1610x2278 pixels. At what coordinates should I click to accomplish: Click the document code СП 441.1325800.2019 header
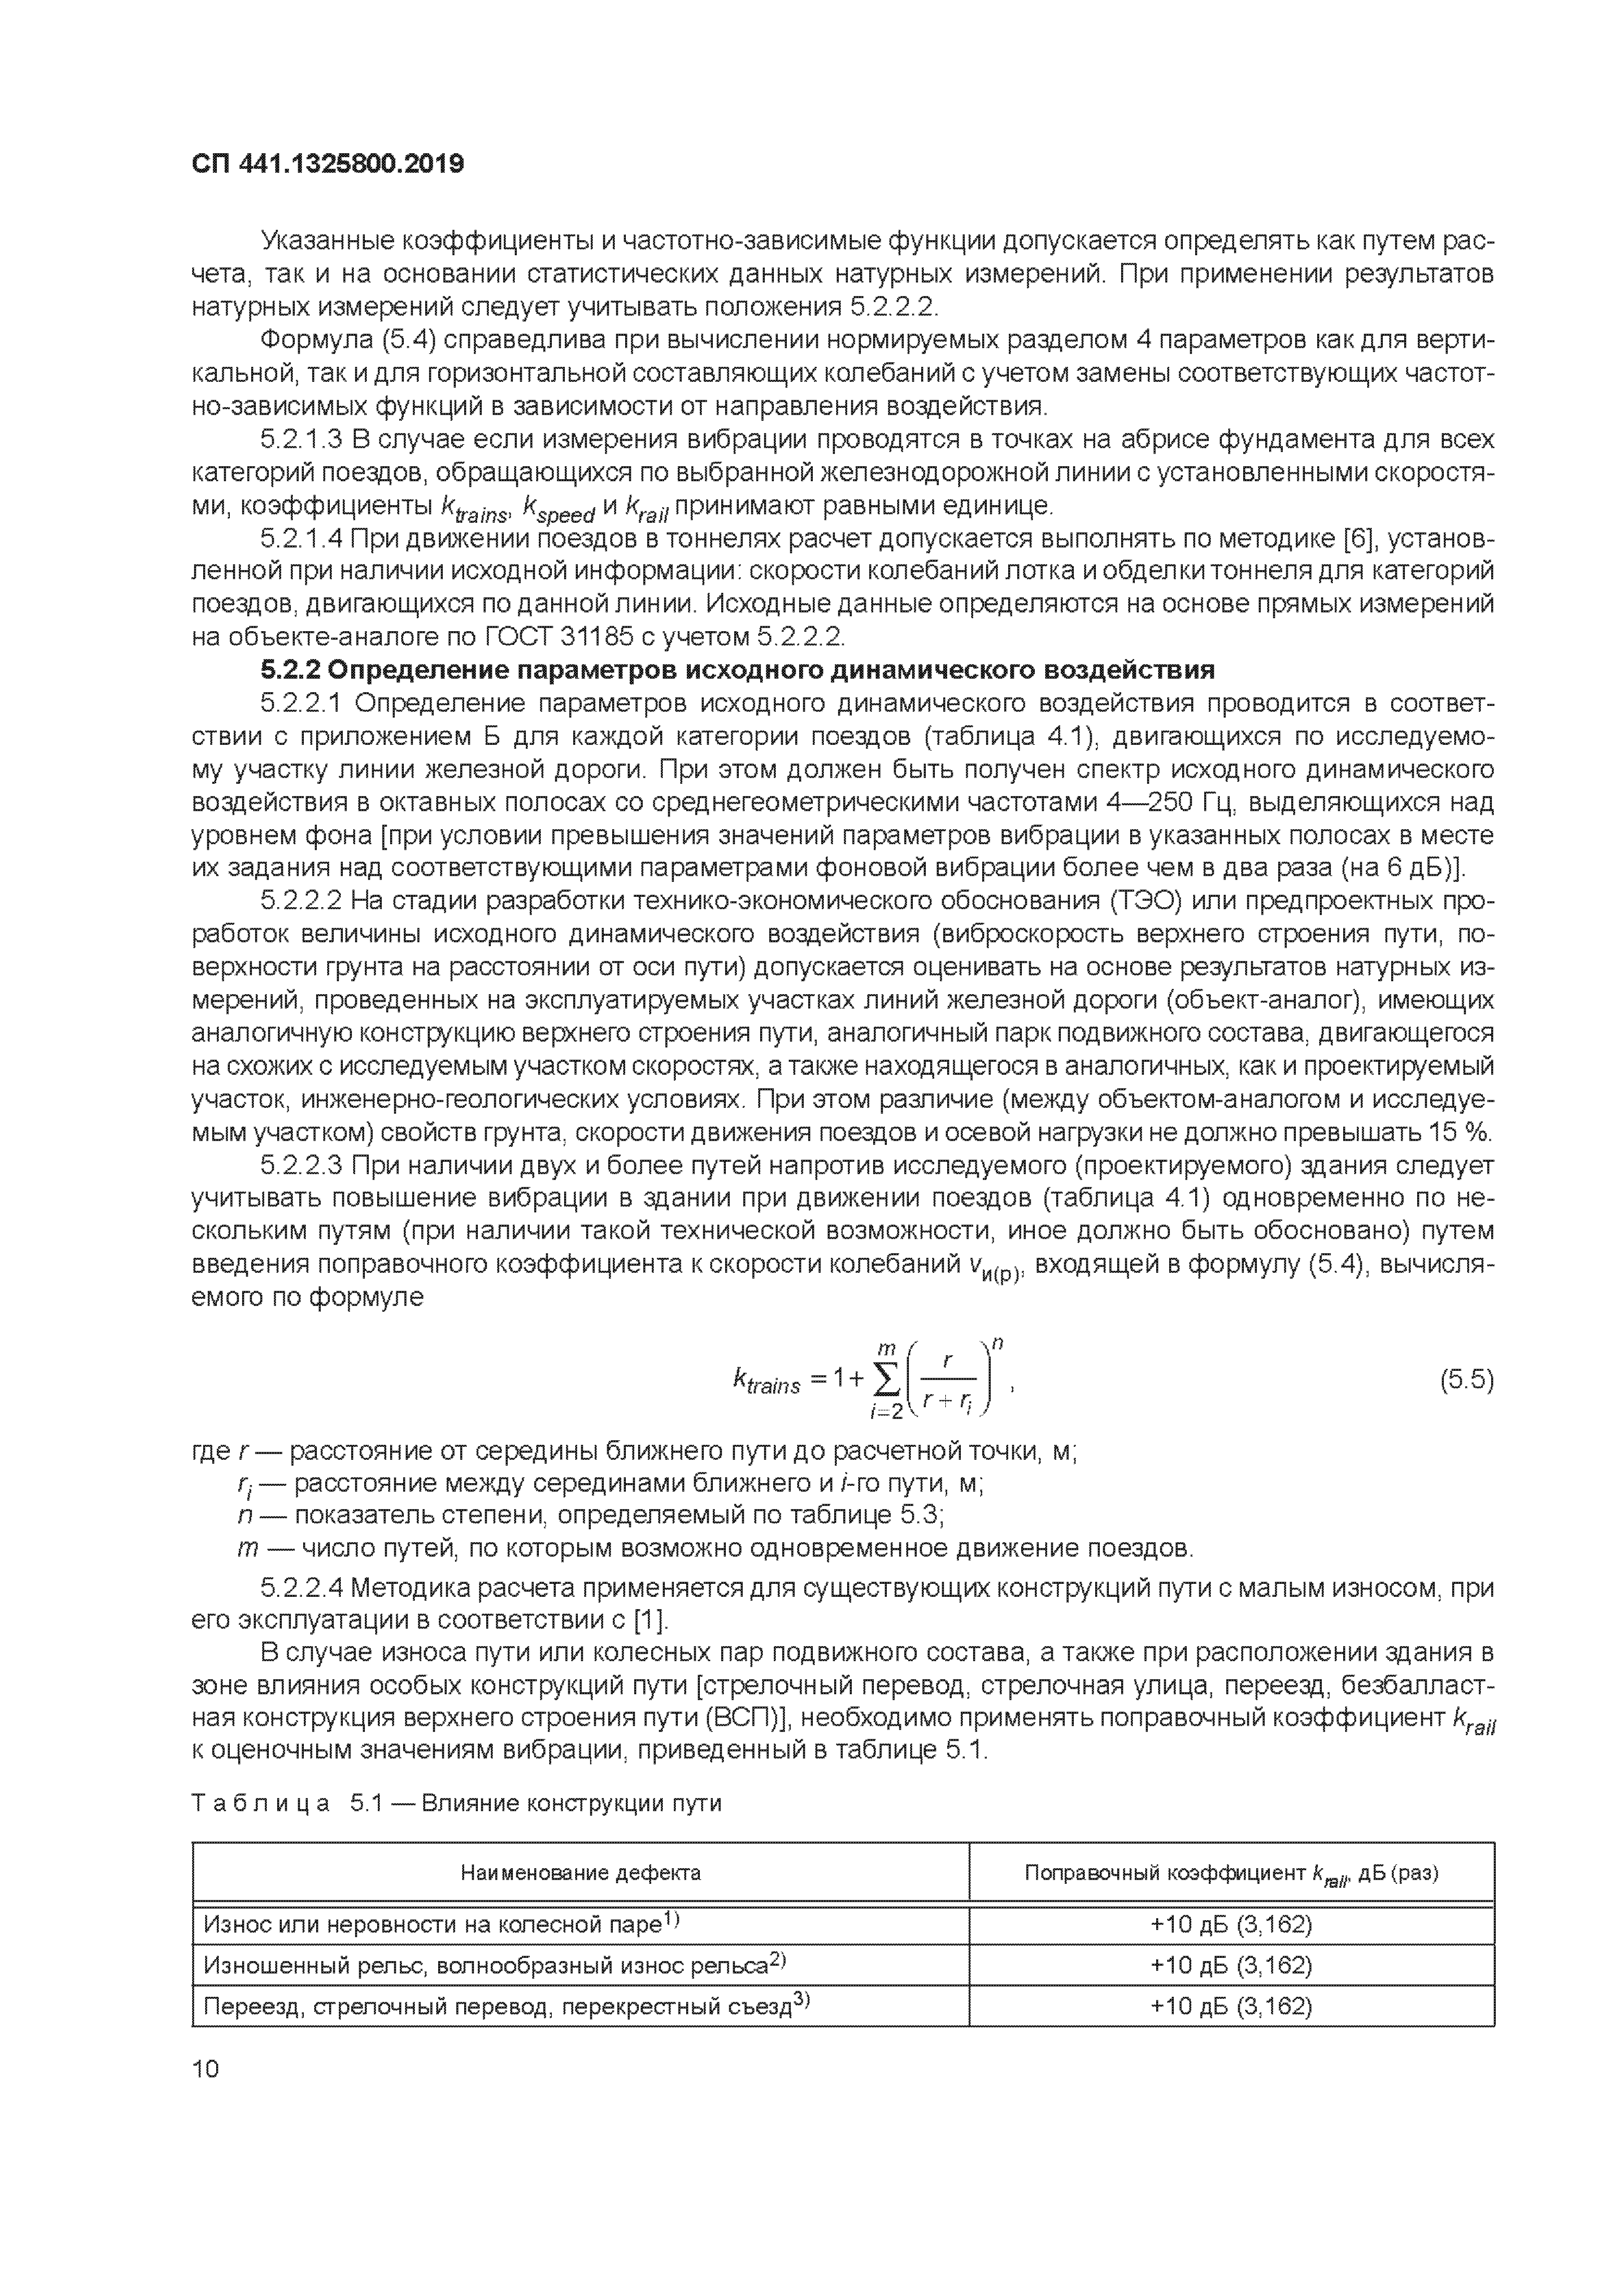327,164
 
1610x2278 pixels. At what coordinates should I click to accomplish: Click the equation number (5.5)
1466,1380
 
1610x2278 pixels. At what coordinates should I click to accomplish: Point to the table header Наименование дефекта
580,1872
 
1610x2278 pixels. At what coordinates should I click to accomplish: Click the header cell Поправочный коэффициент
1230,1872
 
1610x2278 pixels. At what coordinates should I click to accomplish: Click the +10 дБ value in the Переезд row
1230,2006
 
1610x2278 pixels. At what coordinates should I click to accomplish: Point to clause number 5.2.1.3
302,440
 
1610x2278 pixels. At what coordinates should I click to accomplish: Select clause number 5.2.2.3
302,1165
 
